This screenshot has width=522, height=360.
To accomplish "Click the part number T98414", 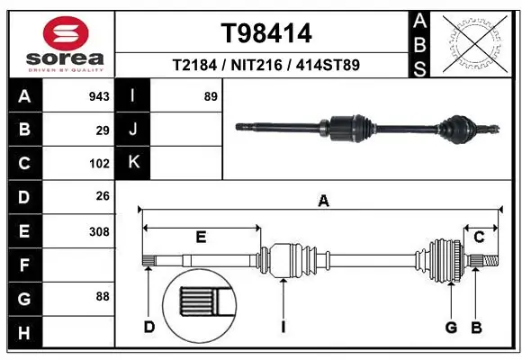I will coord(266,33).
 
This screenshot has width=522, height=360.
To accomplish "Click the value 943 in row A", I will coord(99,95).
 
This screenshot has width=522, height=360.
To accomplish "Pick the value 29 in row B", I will coord(103,130).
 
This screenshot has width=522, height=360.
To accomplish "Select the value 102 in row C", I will coord(99,164).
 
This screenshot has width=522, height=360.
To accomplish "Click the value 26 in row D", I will coord(103,196).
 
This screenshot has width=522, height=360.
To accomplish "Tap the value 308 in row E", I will coord(99,231).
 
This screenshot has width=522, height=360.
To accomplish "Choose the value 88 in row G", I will coord(103,295).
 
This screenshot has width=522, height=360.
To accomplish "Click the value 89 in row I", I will coord(211,95).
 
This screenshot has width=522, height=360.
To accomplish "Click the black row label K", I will coord(133,163).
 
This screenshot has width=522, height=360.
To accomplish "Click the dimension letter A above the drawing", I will coord(323,202).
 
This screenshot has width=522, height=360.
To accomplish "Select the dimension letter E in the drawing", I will coord(201,237).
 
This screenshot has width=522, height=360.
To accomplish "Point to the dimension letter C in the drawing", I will coord(480,237).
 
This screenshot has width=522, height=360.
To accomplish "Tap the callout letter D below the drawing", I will coord(149,327).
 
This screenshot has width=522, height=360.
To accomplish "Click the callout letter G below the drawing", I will coord(452,327).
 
